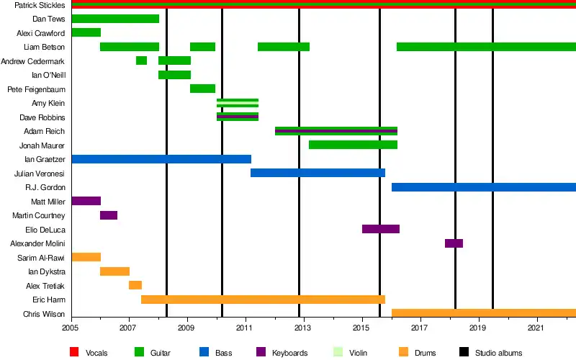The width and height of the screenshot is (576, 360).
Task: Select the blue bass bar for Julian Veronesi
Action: (x=318, y=173)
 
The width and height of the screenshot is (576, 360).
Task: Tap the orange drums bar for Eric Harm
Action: (x=263, y=300)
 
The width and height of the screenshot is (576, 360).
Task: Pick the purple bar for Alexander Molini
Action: (x=454, y=243)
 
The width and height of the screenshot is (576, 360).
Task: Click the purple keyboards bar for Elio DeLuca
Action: (x=380, y=229)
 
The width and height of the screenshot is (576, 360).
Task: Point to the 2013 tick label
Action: (x=303, y=328)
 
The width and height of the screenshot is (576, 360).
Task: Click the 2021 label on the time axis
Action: (x=536, y=328)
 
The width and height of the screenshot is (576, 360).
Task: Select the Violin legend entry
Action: (x=357, y=353)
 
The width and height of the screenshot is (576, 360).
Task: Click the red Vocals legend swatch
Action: (x=74, y=353)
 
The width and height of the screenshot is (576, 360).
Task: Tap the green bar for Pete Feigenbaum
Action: (x=202, y=89)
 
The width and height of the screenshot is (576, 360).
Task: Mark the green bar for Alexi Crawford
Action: (x=86, y=32)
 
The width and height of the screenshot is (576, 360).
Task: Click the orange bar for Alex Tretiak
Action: (x=135, y=285)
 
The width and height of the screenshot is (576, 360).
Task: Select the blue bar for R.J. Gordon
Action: (x=483, y=187)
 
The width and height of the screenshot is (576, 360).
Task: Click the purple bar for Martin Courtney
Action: (x=109, y=215)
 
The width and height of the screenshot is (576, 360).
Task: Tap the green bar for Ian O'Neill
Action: (x=174, y=75)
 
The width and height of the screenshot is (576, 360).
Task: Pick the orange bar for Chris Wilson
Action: (x=483, y=313)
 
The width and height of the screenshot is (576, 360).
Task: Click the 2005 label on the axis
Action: (x=71, y=328)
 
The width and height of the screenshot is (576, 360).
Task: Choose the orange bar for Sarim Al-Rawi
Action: (x=86, y=257)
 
